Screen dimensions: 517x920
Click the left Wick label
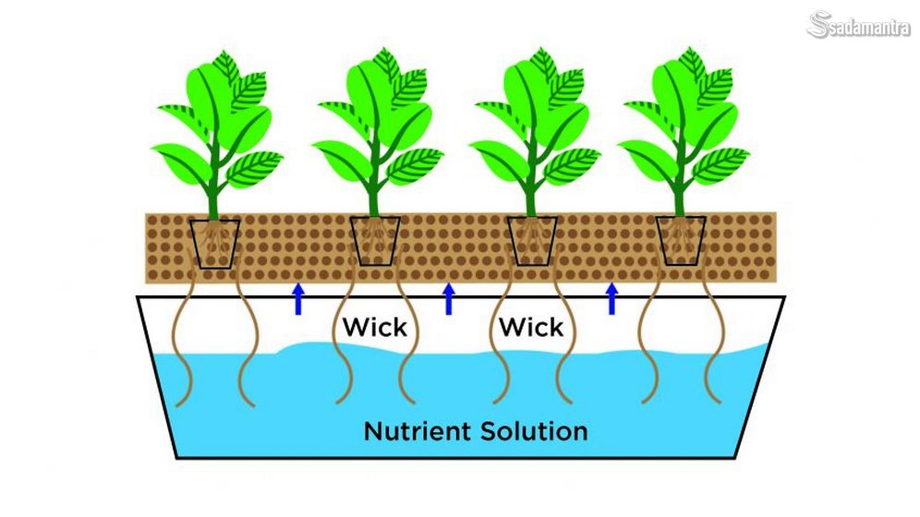pyautogui.click(x=374, y=327)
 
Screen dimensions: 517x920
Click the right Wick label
pyautogui.click(x=531, y=327)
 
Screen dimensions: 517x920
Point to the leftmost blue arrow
pyautogui.click(x=297, y=299)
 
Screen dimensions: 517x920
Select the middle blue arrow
pyautogui.click(x=449, y=299)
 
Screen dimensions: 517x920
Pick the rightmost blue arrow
pyautogui.click(x=611, y=299)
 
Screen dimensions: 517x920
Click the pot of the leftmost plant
pyautogui.click(x=214, y=243)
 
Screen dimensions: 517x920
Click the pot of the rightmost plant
pyautogui.click(x=681, y=241)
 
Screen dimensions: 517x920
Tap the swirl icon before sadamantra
pyautogui.click(x=820, y=25)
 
